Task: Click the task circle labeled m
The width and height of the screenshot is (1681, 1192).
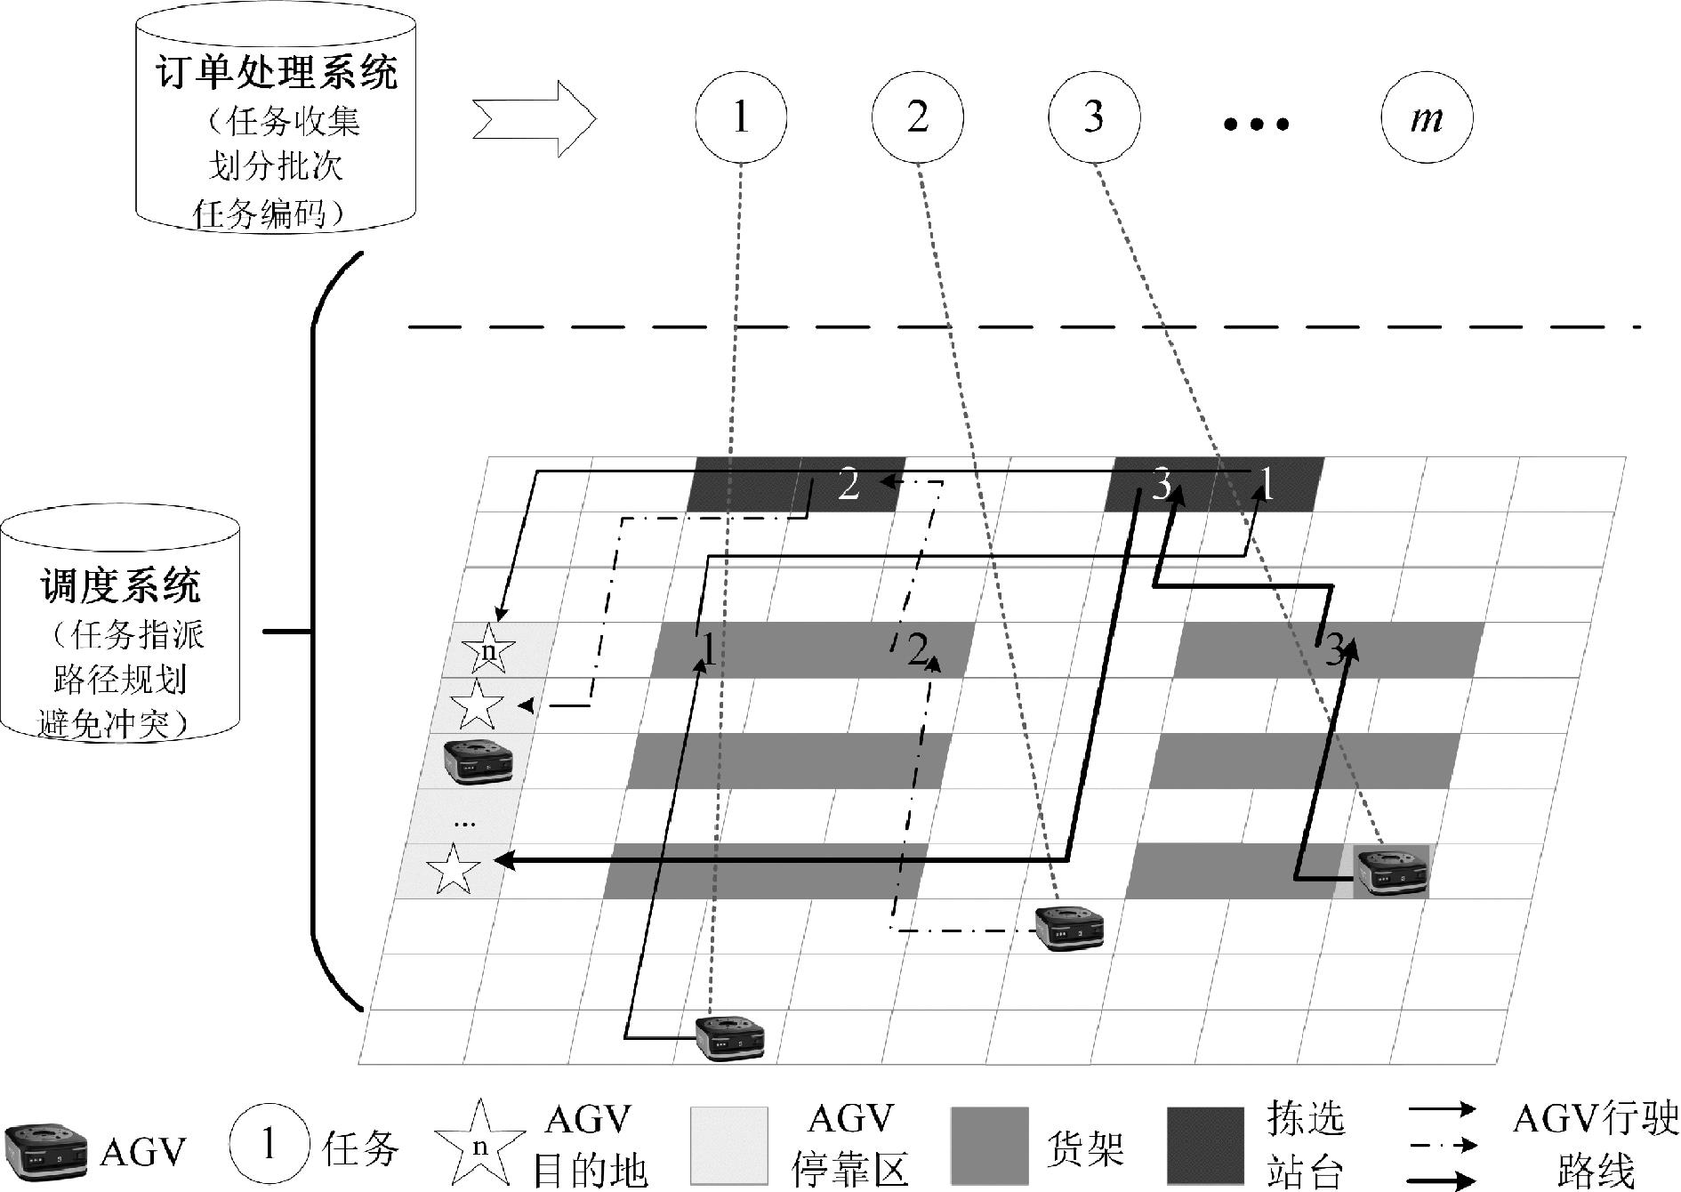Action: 1427,118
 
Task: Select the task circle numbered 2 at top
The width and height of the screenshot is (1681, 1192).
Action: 918,118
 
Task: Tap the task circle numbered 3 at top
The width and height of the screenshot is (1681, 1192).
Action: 1094,118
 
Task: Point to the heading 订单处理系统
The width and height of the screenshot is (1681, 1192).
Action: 277,72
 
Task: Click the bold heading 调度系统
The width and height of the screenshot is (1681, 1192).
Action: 121,587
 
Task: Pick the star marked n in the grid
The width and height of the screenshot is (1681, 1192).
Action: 488,649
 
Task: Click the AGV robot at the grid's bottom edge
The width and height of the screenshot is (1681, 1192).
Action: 729,1037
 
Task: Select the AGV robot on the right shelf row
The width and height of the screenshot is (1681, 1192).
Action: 1391,870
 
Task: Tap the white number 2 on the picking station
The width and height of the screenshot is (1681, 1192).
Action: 849,486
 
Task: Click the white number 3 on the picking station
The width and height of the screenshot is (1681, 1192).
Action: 1161,486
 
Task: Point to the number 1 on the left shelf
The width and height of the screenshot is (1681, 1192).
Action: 709,650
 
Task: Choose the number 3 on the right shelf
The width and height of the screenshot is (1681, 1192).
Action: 1334,652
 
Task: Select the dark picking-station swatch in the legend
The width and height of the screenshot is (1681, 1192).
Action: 1206,1146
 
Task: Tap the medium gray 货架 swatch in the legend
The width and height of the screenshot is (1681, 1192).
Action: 990,1146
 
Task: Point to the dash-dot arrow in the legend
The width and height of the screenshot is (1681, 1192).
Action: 1441,1145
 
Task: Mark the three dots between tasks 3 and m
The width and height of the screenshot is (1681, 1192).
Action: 1256,125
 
